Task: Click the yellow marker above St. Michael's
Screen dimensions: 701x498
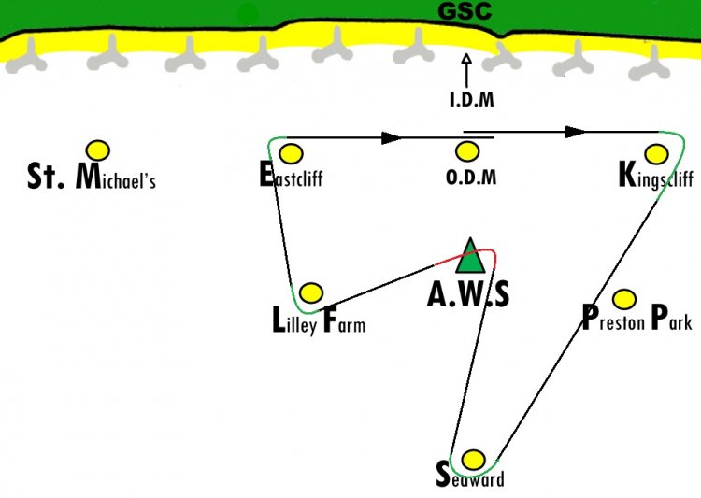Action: [x=98, y=150]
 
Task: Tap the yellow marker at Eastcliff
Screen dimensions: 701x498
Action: [x=291, y=154]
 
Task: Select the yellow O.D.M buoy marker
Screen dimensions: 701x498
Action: [x=467, y=152]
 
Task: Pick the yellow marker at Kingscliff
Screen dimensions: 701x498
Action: [x=657, y=154]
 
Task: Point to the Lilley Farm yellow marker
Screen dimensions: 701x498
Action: [x=311, y=292]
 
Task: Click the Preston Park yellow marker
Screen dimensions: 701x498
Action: [x=624, y=299]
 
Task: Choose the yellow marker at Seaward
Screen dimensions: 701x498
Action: [x=473, y=460]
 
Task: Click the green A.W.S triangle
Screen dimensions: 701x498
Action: [x=470, y=256]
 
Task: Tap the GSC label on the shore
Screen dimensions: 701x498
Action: [x=465, y=11]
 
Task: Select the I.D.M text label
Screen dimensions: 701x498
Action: [x=472, y=99]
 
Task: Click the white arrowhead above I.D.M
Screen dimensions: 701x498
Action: [x=466, y=59]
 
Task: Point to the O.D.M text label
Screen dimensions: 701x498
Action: [x=471, y=177]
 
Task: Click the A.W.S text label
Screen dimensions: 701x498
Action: [x=468, y=294]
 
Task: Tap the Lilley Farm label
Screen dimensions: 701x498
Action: [x=319, y=320]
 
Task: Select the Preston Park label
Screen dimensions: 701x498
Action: [x=637, y=318]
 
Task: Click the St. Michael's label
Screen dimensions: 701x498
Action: [x=92, y=177]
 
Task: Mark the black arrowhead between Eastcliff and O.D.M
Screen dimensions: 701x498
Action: [x=392, y=138]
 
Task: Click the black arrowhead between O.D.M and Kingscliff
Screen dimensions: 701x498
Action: [x=576, y=133]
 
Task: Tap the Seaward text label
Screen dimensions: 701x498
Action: [x=470, y=477]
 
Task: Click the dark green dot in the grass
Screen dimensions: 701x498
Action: [x=248, y=15]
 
